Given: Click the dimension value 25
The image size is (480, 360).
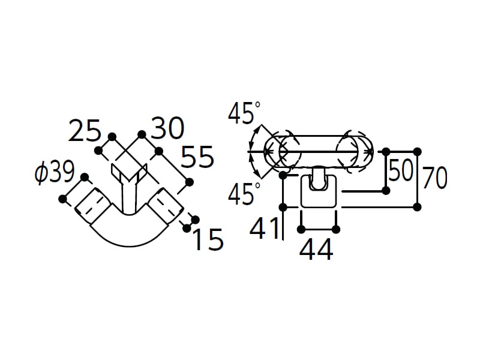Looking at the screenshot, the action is [85, 131].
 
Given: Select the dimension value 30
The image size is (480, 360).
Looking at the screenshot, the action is [168, 128].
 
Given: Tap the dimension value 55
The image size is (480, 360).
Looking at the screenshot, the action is [197, 157].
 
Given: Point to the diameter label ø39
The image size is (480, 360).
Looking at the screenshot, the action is [55, 172].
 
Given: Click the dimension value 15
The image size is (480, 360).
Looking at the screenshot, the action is [209, 239].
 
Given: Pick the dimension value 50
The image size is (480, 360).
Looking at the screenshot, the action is [400, 170].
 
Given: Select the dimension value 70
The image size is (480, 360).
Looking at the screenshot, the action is [434, 178].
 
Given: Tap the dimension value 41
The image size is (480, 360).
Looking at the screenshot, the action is [265, 228].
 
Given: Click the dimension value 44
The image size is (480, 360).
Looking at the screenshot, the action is [316, 250].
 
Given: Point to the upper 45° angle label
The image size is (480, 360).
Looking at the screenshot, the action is [244, 113].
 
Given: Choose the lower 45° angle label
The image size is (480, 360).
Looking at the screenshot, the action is [244, 193].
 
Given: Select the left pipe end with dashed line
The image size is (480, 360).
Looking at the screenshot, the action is [92, 205].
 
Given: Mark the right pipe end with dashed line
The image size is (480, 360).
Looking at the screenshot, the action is [166, 206].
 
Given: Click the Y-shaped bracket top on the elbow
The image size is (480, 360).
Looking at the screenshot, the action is [130, 173].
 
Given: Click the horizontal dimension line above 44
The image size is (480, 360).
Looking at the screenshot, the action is [319, 229].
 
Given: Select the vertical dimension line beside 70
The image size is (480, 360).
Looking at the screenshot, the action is [417, 179].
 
